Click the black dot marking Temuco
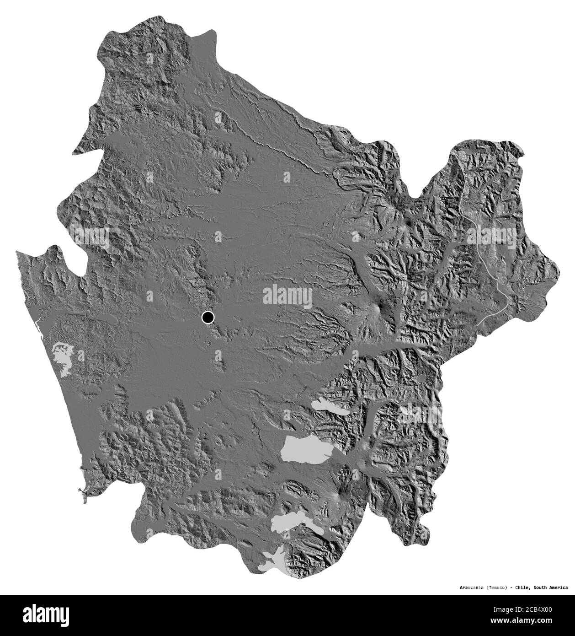click(x=208, y=317)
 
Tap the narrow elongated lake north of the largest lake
click(x=330, y=406)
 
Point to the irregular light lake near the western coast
click(x=63, y=356)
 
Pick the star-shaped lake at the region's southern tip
click(x=273, y=561)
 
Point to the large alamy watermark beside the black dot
click(x=288, y=296)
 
